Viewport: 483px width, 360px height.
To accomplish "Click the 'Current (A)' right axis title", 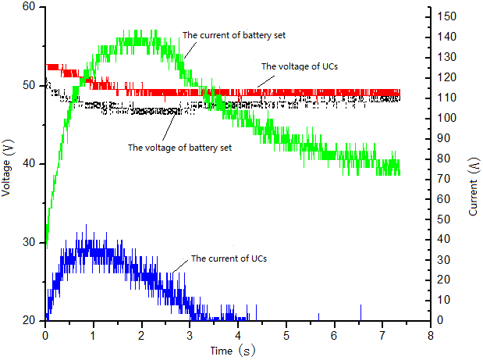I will click(x=474, y=184).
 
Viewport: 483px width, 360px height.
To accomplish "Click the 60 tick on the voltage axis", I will click(x=30, y=7).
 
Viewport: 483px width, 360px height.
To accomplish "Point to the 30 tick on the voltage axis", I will click(x=30, y=243).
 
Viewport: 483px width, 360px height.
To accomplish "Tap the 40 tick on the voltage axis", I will click(x=30, y=164).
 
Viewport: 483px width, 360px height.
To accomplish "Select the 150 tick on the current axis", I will click(x=446, y=16).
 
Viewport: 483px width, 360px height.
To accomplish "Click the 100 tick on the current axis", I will click(x=446, y=118).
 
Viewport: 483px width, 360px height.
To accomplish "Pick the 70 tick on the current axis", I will click(x=444, y=179).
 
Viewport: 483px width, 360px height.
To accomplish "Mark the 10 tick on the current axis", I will click(x=444, y=300).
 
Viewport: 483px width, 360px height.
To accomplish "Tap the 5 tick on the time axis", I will click(x=286, y=334).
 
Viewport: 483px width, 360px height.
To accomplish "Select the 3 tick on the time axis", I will click(x=190, y=334).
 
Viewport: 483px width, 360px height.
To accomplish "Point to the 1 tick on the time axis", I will click(x=94, y=334).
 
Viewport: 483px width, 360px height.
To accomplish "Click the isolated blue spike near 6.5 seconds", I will click(x=360, y=312).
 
